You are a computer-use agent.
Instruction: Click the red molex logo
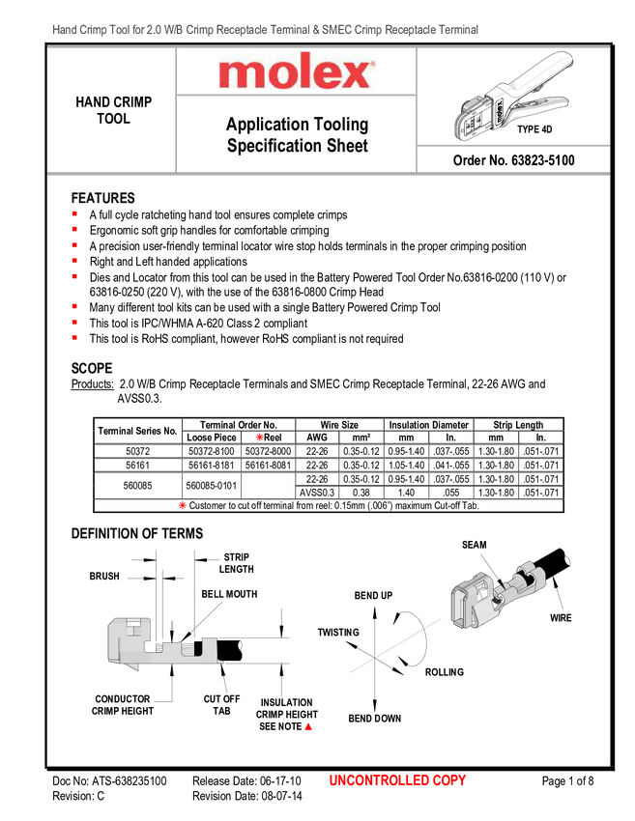coord(296,73)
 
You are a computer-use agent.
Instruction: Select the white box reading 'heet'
coord(353,146)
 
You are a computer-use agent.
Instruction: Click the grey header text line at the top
coord(266,31)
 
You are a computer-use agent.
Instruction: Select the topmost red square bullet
coord(73,212)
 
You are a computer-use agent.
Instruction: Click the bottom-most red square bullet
coord(73,337)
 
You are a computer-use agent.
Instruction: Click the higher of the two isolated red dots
coord(258,438)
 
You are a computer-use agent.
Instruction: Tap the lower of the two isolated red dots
coord(181,505)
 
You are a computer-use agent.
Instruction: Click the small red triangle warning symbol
coord(308,726)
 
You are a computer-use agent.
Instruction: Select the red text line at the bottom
coord(396,780)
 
